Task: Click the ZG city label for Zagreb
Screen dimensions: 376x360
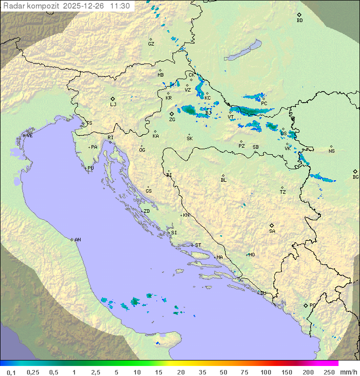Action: [172, 120]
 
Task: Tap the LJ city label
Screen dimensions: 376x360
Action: [113, 105]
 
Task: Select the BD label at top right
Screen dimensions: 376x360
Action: [299, 21]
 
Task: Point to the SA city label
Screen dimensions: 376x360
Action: [272, 231]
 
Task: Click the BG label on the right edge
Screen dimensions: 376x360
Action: [355, 177]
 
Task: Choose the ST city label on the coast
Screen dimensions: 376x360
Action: [198, 245]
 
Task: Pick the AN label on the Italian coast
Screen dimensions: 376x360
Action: [77, 240]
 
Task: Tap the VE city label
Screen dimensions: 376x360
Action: [29, 136]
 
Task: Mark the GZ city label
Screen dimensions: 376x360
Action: [151, 44]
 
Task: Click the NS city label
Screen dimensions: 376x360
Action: [331, 151]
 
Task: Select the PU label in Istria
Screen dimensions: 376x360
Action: [90, 168]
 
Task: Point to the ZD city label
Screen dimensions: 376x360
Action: [146, 211]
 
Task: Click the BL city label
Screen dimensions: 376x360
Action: [223, 180]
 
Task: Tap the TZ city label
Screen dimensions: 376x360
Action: [283, 192]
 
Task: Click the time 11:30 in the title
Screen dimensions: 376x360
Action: [120, 6]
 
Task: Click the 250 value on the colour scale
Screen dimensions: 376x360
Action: [328, 372]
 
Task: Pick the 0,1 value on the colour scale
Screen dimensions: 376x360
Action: [11, 372]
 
